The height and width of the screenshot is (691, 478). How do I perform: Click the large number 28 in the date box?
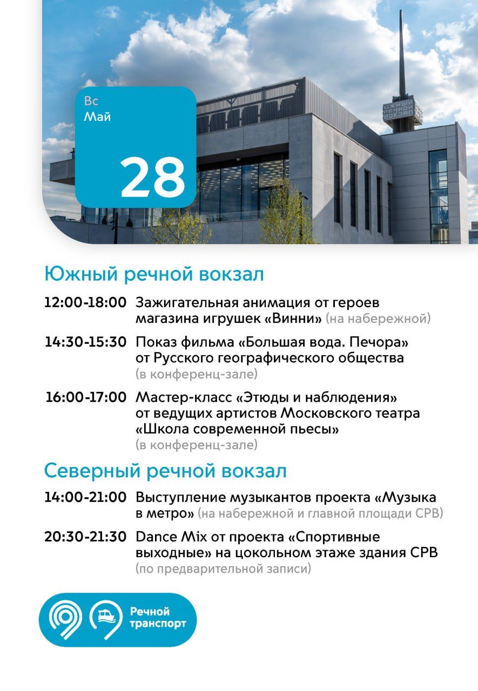click(153, 177)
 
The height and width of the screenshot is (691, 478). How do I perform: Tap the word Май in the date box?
click(97, 117)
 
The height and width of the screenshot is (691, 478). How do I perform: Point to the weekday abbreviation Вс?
click(91, 101)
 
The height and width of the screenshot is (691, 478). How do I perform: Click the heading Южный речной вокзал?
click(154, 274)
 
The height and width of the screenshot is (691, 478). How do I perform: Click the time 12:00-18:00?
click(85, 302)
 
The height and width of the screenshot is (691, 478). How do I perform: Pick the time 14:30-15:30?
click(85, 342)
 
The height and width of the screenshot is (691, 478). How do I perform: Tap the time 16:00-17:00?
click(86, 397)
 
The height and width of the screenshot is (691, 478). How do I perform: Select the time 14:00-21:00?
click(85, 497)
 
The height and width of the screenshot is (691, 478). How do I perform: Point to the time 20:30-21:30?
click(85, 537)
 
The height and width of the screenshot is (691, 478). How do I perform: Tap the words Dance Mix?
click(171, 537)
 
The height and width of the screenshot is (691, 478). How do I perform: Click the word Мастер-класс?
click(184, 397)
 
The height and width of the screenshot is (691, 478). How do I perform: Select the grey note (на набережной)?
click(378, 319)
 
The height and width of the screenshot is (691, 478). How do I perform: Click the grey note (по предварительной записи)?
click(224, 569)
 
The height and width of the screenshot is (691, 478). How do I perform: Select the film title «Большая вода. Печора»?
click(323, 342)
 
